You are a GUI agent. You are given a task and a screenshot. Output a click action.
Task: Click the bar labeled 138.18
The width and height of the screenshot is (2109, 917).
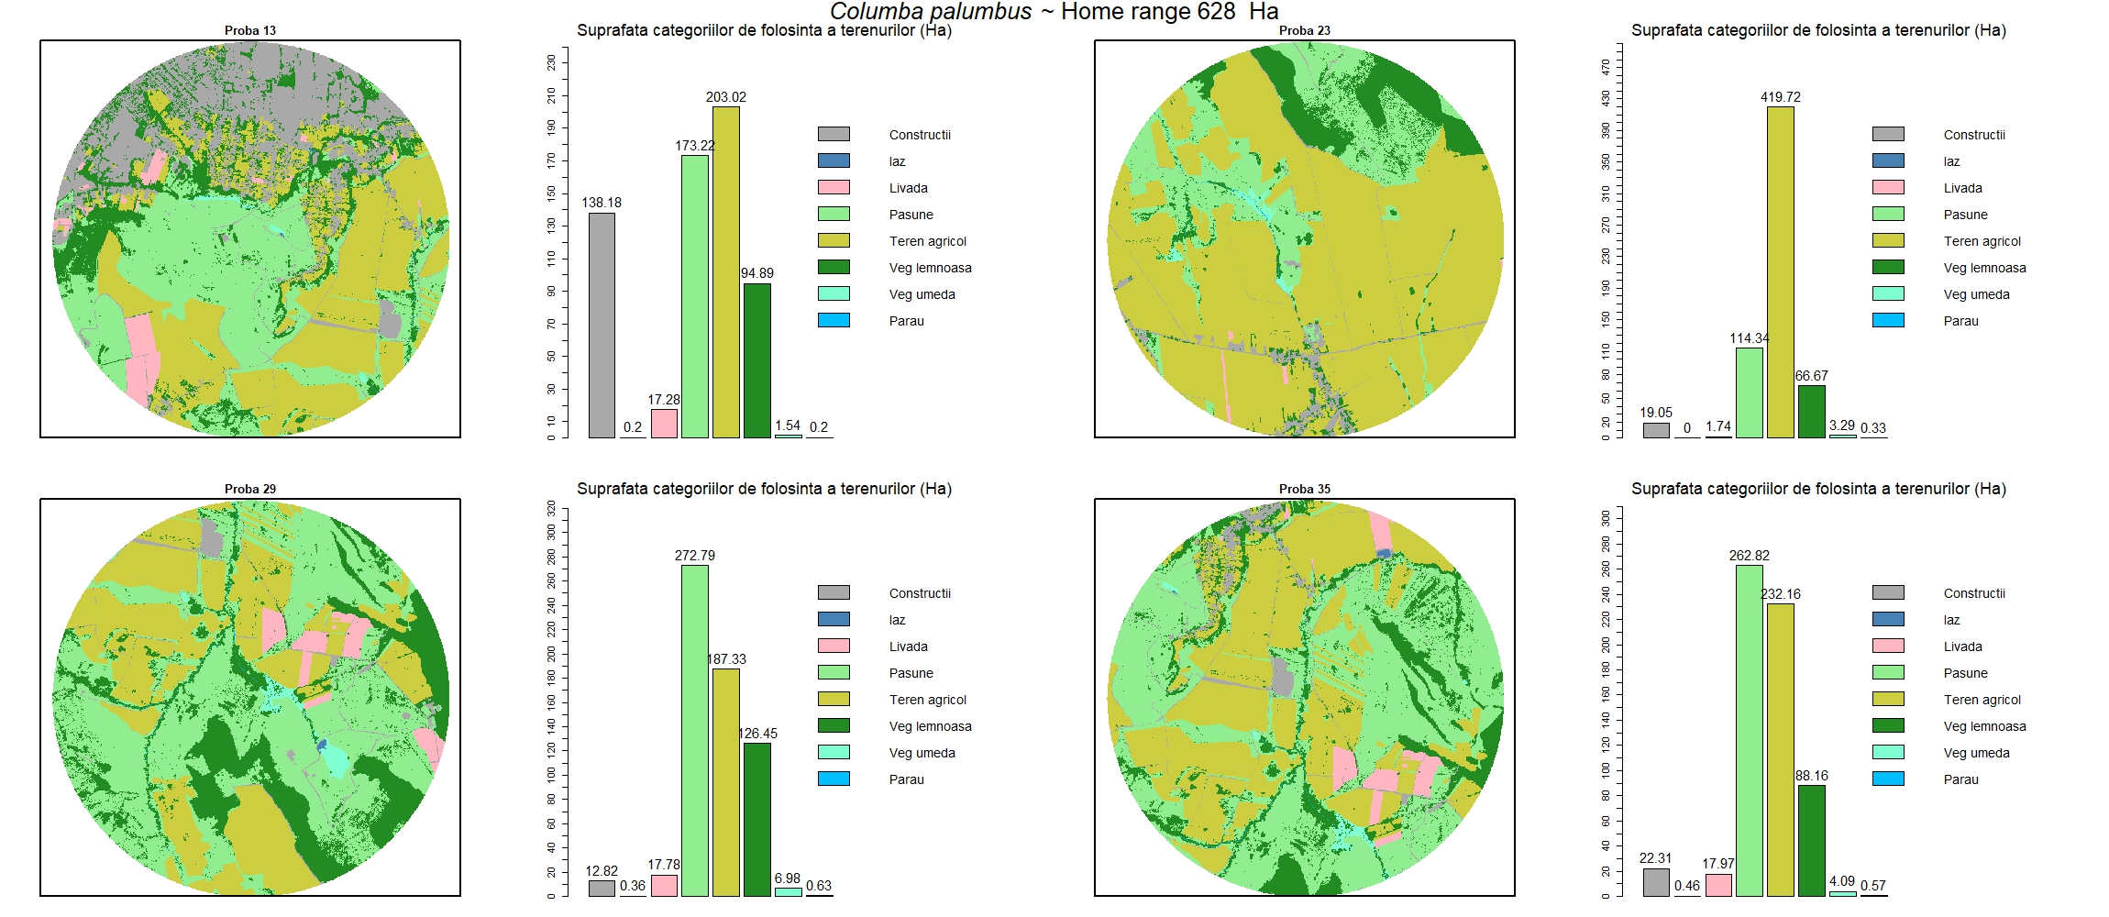coord(602,325)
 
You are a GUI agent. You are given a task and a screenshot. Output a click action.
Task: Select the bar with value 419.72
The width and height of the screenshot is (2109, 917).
coord(1780,271)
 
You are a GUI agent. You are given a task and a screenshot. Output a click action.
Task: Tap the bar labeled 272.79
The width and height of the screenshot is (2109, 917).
coord(695,730)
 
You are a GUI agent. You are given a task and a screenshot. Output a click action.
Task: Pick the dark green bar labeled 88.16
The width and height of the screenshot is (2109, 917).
coord(1811,840)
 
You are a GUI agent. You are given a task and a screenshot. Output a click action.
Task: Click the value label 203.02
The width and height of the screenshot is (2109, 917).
coord(725,97)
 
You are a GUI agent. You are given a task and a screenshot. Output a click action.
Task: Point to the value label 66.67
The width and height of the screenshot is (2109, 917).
coord(1811,376)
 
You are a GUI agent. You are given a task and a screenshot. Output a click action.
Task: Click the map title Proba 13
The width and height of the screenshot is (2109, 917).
coord(250,30)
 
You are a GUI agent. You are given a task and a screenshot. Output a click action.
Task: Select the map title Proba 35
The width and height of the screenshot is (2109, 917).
coord(1304,489)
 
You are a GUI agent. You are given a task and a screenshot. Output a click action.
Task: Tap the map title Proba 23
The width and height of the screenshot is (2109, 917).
coord(1304,30)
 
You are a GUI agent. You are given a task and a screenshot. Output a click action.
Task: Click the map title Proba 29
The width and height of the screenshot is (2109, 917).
coord(250,489)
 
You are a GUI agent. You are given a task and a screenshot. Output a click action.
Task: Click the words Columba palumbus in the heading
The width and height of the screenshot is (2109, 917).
coord(931,12)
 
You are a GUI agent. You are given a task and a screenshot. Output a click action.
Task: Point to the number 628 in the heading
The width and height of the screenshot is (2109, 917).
coord(1216,12)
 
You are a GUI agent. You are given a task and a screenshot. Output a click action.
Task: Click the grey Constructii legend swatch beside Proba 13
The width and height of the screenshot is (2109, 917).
coord(834,134)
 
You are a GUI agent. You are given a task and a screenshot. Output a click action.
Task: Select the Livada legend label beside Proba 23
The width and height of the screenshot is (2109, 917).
coord(1962,188)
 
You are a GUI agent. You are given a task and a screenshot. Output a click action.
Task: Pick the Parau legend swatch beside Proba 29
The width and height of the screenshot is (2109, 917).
coord(834,779)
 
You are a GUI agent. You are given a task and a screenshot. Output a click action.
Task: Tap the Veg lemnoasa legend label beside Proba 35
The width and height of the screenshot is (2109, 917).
coord(1984,726)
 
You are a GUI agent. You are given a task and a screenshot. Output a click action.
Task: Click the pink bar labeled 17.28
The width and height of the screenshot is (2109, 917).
coord(664,424)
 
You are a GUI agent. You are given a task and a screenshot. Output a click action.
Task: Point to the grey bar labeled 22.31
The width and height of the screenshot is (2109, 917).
coord(1656,882)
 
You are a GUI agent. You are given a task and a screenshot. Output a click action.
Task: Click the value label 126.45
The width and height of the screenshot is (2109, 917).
coord(757,734)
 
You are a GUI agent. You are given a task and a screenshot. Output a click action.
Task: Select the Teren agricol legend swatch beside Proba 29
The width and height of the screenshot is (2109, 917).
coord(834,699)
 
